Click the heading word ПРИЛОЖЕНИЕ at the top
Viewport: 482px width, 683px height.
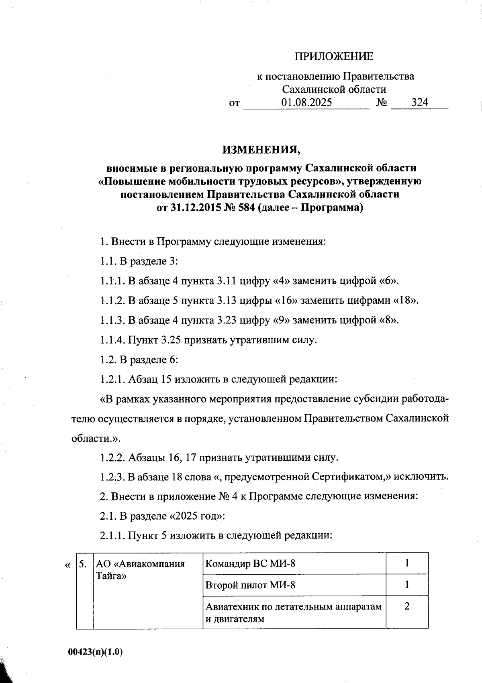(x=334, y=57)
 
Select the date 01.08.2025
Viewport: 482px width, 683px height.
(x=306, y=102)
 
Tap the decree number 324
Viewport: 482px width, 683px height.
(x=420, y=102)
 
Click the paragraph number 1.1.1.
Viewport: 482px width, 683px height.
(x=112, y=281)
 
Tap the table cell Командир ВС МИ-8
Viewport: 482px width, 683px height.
(x=250, y=563)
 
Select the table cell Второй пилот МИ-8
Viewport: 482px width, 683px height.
(x=250, y=585)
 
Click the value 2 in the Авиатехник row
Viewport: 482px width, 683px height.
(x=407, y=606)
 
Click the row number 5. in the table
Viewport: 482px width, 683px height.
(x=83, y=564)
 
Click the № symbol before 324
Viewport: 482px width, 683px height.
(x=382, y=102)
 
